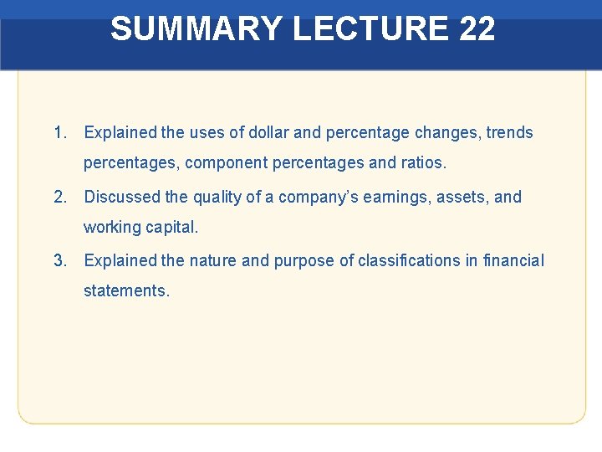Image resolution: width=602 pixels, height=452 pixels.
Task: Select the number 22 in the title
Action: [477, 29]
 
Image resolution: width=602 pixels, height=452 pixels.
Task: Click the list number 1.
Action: [59, 132]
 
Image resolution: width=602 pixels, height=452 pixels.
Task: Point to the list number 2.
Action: [59, 198]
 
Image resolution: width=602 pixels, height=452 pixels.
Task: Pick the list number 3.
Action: [59, 261]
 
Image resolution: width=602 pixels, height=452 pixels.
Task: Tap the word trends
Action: [509, 132]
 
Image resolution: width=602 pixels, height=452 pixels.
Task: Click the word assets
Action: [463, 198]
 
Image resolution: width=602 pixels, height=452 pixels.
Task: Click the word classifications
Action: [407, 261]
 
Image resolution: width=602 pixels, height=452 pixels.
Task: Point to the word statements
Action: [126, 291]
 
